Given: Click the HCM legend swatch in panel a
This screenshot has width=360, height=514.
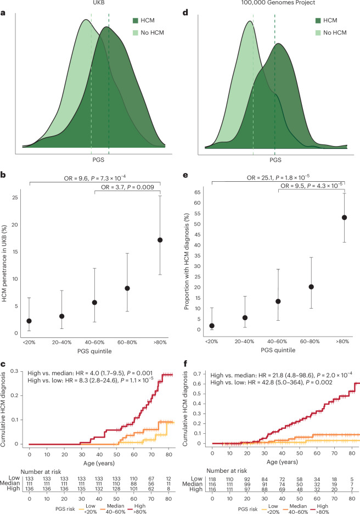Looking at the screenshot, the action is pos(136,21).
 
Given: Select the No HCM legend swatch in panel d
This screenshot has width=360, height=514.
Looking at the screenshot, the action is pos(318,33).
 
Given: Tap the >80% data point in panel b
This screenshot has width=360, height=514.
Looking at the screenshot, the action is pos(160,240).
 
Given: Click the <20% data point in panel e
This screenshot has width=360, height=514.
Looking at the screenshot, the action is pos(212,326).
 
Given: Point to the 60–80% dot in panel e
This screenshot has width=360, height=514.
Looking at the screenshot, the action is pos(311,287).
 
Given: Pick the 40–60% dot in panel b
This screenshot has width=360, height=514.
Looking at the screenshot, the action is pos(95,303).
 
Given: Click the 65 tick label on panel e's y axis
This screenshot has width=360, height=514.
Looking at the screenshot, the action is pos(196,192).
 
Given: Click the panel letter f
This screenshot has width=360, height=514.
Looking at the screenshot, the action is pos(185,363).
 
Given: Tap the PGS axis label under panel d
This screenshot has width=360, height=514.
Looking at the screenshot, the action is pos(275,160).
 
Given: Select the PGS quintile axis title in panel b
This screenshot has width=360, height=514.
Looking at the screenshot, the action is pos(94,351).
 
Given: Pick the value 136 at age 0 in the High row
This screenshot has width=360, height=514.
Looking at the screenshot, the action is pos(29,488).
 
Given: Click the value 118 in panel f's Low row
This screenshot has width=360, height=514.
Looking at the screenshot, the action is pos(212,479).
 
